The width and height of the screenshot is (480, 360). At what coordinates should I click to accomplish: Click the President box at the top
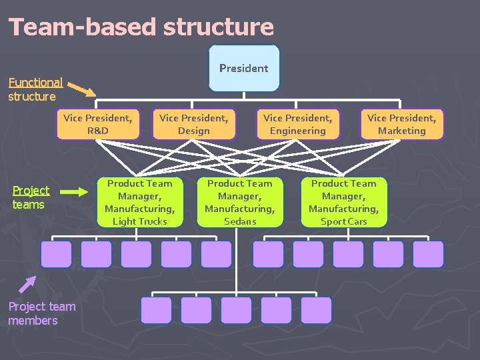(x=243, y=68)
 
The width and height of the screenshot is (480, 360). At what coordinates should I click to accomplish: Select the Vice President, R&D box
(x=98, y=125)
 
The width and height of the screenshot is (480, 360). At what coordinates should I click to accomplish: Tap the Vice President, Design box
(x=194, y=125)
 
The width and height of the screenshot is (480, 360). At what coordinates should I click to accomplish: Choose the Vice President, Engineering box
(x=298, y=125)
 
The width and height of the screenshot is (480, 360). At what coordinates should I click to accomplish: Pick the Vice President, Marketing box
(x=401, y=125)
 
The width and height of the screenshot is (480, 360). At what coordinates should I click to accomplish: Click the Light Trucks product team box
(x=140, y=202)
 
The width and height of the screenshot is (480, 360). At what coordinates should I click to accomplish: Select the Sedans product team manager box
(x=240, y=202)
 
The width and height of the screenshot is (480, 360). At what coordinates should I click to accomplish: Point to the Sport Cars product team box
(x=344, y=202)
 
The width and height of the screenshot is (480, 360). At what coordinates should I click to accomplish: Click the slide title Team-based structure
(x=141, y=27)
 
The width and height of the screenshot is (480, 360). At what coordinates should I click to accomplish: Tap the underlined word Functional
(x=35, y=83)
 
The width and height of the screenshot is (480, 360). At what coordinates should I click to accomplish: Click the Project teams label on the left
(x=31, y=197)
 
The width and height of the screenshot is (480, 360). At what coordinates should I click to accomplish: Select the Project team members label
(x=41, y=313)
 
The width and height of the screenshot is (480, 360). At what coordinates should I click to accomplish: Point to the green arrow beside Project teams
(x=78, y=193)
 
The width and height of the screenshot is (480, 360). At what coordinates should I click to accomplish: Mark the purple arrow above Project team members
(x=27, y=285)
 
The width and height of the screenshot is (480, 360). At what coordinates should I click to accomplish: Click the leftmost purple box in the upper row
(x=56, y=254)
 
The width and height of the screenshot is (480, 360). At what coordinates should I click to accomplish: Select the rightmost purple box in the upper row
(x=428, y=254)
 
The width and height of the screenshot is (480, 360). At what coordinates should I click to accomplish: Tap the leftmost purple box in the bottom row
(x=156, y=310)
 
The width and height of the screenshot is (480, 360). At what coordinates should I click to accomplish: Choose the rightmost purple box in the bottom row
(x=316, y=310)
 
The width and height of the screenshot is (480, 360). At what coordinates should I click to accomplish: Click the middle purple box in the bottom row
(x=236, y=310)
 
